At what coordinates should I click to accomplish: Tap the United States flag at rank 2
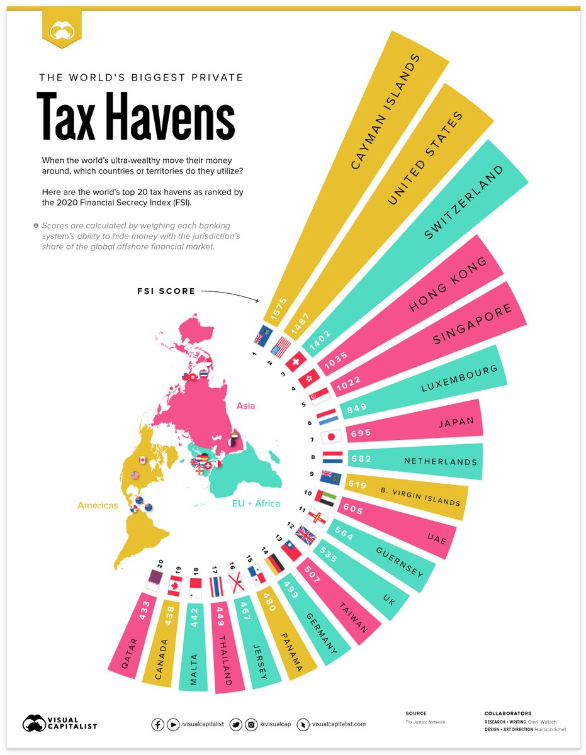click(x=280, y=347)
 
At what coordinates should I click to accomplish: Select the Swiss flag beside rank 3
click(x=295, y=362)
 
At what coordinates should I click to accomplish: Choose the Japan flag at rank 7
click(x=330, y=437)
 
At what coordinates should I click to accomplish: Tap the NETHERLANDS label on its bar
click(x=440, y=462)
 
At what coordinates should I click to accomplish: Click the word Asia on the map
click(x=245, y=406)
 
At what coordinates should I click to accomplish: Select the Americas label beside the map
click(x=98, y=505)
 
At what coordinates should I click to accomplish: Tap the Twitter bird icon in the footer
click(x=236, y=724)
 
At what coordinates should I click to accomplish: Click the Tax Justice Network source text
click(x=425, y=722)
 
